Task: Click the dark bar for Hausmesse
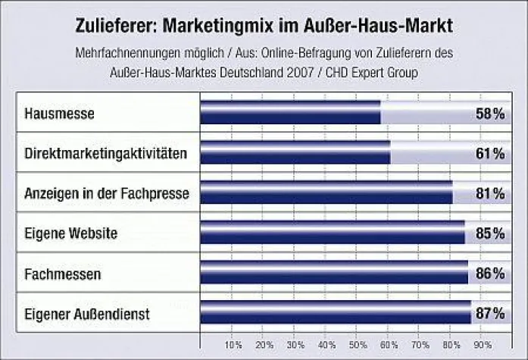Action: click(x=290, y=114)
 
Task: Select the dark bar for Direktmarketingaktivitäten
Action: click(x=295, y=153)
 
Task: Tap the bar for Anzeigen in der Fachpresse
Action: click(x=326, y=193)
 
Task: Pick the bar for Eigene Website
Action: click(x=332, y=232)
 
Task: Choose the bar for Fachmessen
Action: click(x=333, y=271)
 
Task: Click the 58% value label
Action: click(x=490, y=114)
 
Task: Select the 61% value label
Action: click(x=490, y=154)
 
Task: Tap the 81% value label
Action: click(x=490, y=193)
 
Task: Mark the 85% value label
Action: click(x=490, y=233)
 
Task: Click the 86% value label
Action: click(x=490, y=272)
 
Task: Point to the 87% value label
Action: click(x=490, y=311)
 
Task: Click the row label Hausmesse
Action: click(x=59, y=114)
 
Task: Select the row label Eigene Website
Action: click(x=70, y=233)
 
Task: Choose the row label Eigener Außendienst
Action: click(x=87, y=311)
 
